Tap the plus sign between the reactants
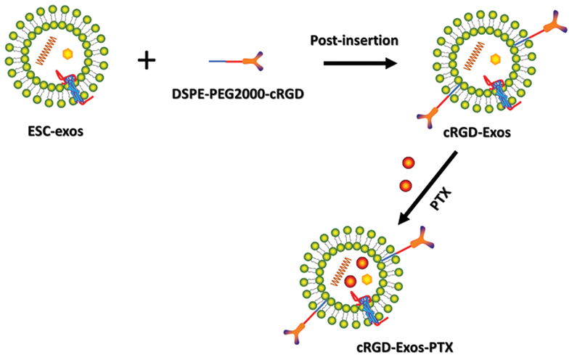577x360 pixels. point(147,60)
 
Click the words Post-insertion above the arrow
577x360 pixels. point(354,41)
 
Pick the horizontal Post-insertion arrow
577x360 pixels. point(360,64)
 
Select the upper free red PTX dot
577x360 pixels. point(408,162)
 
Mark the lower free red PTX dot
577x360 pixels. point(406,186)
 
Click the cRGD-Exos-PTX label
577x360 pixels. point(404,348)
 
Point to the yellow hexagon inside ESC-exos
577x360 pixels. point(67,53)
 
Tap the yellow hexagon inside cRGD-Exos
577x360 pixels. point(495,57)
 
